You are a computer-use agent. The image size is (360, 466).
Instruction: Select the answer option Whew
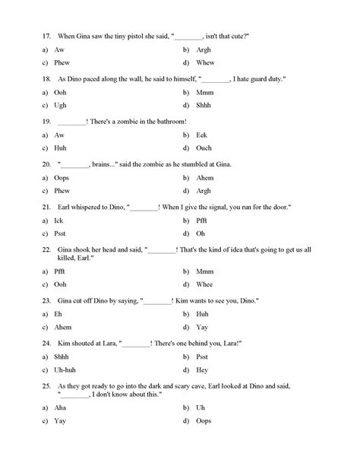click(205, 63)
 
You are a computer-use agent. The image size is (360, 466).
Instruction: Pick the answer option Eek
click(202, 135)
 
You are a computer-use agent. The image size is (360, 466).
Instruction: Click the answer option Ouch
click(204, 148)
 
